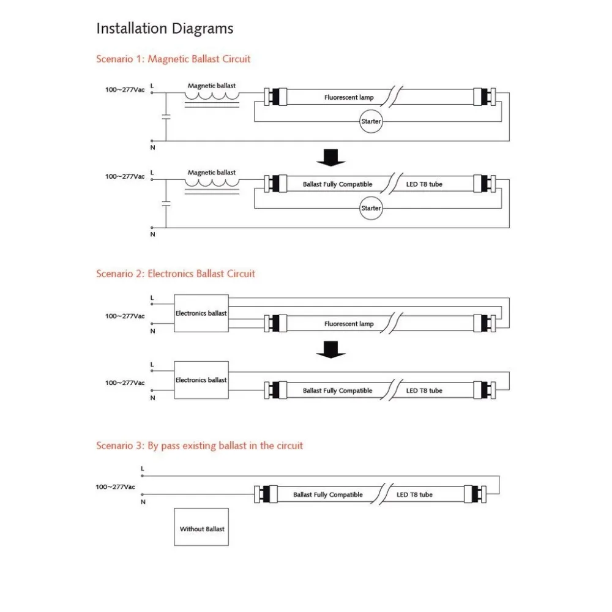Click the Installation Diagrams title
pyautogui.click(x=165, y=28)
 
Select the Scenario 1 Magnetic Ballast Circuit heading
pyautogui.click(x=173, y=59)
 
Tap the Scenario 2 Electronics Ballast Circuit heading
pyautogui.click(x=176, y=274)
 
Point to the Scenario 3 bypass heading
pyautogui.click(x=200, y=446)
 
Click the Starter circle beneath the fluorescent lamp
pyautogui.click(x=371, y=121)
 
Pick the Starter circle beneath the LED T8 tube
pyautogui.click(x=371, y=208)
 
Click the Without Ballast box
pyautogui.click(x=201, y=529)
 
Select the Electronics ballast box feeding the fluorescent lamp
pyautogui.click(x=201, y=313)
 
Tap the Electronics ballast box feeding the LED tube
pyautogui.click(x=201, y=380)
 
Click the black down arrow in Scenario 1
pyautogui.click(x=331, y=158)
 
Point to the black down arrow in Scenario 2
pyautogui.click(x=331, y=348)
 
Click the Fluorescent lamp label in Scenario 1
pyautogui.click(x=349, y=97)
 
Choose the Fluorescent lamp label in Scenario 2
pyautogui.click(x=349, y=324)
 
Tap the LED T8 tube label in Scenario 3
pyautogui.click(x=414, y=494)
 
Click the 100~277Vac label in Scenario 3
pyautogui.click(x=116, y=487)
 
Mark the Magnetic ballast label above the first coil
pyautogui.click(x=211, y=86)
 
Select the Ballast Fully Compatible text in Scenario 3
pyautogui.click(x=328, y=494)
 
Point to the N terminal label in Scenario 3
pyautogui.click(x=143, y=502)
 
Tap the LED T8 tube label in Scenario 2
pyautogui.click(x=424, y=390)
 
